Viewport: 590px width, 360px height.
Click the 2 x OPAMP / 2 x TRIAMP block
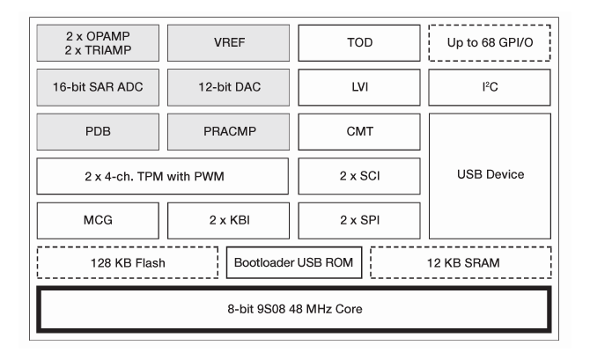coord(99,42)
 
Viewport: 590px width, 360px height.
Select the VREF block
coord(229,42)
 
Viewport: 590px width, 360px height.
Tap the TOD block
coord(359,42)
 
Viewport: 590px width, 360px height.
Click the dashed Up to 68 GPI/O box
coord(490,42)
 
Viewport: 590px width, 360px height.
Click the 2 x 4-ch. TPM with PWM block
coord(164,175)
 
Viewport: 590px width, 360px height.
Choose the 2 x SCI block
coord(359,175)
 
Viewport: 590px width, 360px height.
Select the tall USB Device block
coord(490,175)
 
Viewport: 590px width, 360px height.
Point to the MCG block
coord(99,220)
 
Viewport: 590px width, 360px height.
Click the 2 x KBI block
coord(229,220)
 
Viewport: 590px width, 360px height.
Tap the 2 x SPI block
coord(359,220)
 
